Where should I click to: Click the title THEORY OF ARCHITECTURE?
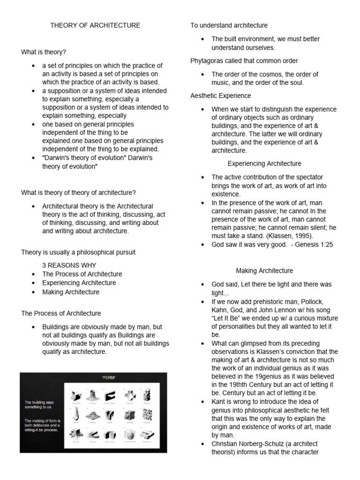pyautogui.click(x=95, y=25)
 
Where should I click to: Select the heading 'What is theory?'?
pyautogui.click(x=44, y=52)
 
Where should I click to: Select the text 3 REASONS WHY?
pyautogui.click(x=69, y=265)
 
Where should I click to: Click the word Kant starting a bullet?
pyautogui.click(x=219, y=402)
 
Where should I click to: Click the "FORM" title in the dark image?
pyautogui.click(x=108, y=377)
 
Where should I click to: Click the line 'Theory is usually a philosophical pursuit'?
pyautogui.click(x=78, y=252)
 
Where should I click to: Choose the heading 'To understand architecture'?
pyautogui.click(x=229, y=25)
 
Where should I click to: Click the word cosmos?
pyautogui.click(x=263, y=74)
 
